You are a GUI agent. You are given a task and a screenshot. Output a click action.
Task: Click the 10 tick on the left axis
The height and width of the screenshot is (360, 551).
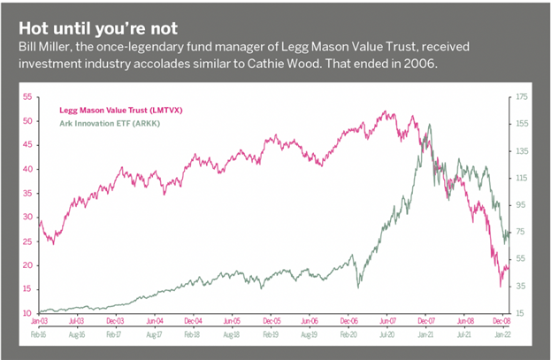(x=27, y=313)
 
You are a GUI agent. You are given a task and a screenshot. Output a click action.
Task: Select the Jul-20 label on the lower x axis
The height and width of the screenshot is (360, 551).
(x=387, y=336)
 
